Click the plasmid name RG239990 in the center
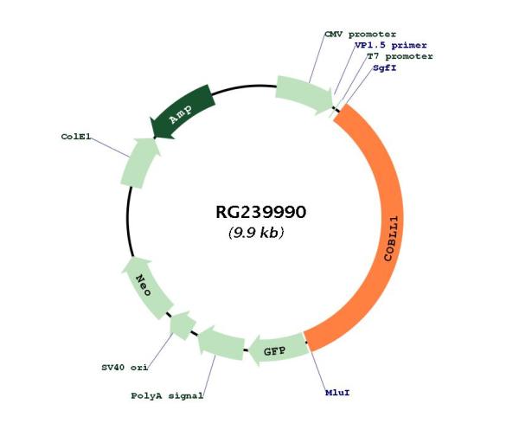click(261, 212)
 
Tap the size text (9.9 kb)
click(256, 233)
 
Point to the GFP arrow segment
click(278, 350)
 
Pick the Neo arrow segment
click(145, 286)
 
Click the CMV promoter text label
click(360, 35)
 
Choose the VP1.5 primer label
click(391, 45)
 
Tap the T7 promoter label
click(400, 56)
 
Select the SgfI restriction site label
click(384, 67)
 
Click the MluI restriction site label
click(337, 393)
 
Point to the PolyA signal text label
click(167, 395)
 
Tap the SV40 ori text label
click(125, 368)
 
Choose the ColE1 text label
click(76, 137)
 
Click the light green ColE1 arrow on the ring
click(139, 163)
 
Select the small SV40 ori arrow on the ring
click(183, 324)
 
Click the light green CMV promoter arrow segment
click(304, 94)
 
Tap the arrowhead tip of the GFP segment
click(249, 351)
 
